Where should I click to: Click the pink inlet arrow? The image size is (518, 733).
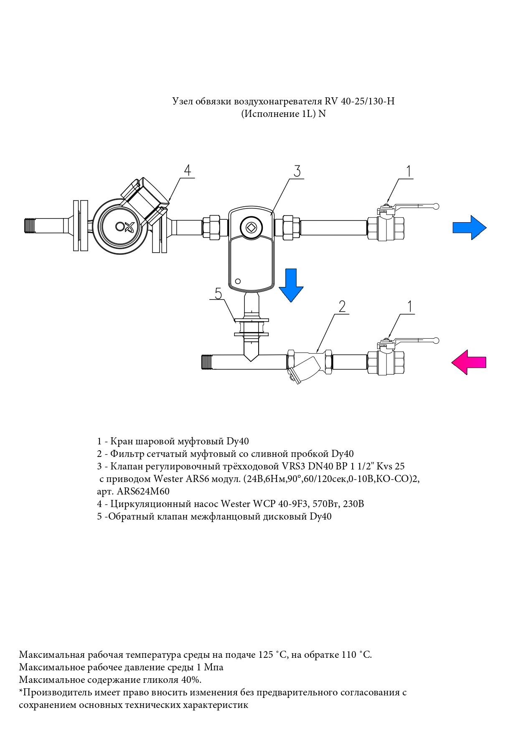pos(468,362)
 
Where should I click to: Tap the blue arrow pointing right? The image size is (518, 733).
pos(470,228)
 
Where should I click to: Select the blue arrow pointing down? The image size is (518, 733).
pos(291,285)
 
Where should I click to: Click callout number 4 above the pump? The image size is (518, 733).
pos(188,170)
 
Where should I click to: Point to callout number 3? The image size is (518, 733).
pos(297,171)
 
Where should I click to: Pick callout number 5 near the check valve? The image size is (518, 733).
pos(218,294)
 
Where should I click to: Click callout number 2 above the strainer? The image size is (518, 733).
pos(342,307)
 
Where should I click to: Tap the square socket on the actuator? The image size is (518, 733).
pos(251,228)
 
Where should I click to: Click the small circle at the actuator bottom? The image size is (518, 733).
pos(238,281)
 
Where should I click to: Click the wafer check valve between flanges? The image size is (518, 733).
pos(251,327)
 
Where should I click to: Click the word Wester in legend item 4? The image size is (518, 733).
pos(235,504)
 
